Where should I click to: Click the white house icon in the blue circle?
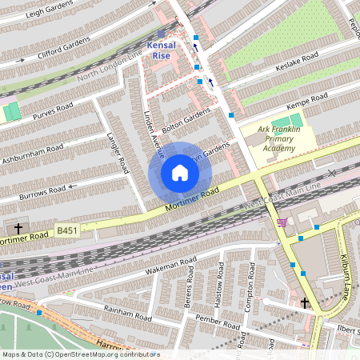[180, 173]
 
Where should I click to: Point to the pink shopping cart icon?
[282, 222]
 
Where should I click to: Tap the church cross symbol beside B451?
[18, 229]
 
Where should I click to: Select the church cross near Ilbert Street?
[304, 302]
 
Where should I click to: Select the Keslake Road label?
[298, 62]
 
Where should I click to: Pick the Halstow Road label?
[222, 283]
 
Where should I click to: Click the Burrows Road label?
[41, 192]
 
